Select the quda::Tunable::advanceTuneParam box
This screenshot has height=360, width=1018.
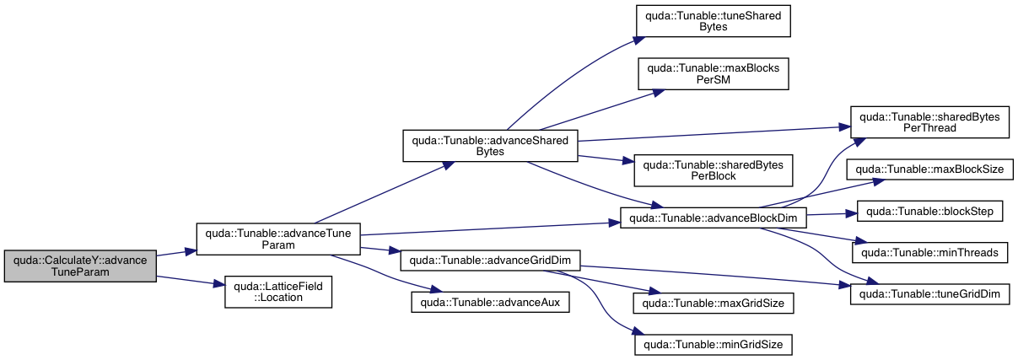pos(278,239)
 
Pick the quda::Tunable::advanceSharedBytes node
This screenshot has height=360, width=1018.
pos(490,145)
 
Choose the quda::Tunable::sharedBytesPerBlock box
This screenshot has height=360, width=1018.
pos(713,170)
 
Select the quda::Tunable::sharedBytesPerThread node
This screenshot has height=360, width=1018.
pos(929,122)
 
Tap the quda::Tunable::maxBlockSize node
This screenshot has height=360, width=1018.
pos(929,169)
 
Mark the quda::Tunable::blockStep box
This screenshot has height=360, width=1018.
pos(929,210)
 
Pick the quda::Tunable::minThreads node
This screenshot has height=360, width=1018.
pos(929,251)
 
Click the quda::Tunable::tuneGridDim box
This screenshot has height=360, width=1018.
pos(929,293)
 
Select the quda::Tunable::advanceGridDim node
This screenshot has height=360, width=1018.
pos(491,260)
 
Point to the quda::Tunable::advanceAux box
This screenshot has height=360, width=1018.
pos(491,301)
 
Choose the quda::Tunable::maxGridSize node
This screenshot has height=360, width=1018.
pos(713,301)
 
